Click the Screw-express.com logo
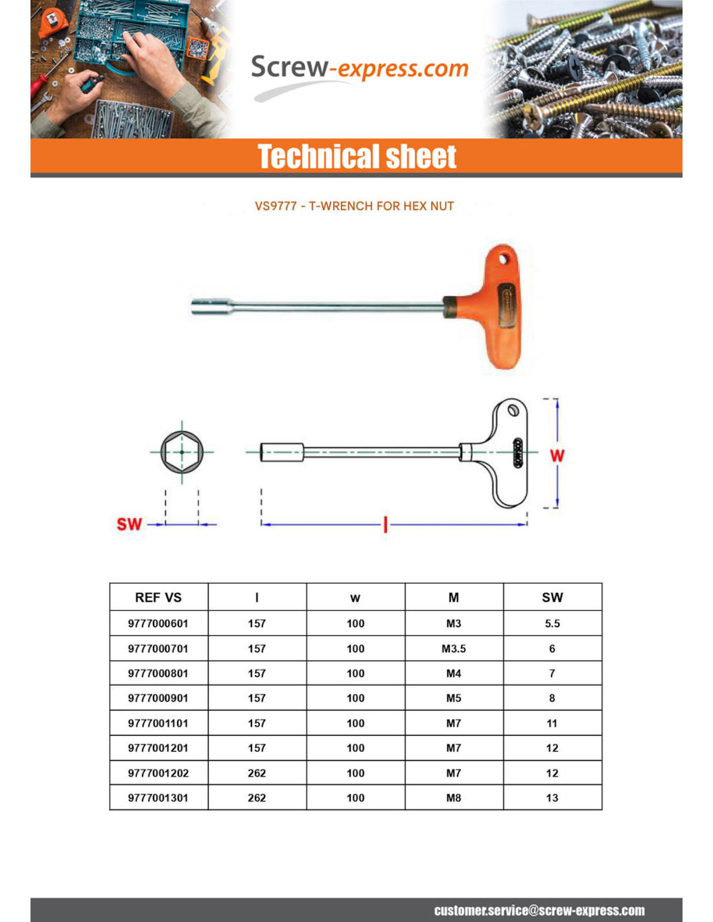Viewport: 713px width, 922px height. coord(359,69)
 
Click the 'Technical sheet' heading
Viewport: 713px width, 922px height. coord(357,157)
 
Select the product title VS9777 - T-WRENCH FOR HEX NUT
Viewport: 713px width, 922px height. coord(354,206)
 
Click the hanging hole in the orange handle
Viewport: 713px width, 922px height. coord(503,259)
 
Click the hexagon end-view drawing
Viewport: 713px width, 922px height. coord(182,452)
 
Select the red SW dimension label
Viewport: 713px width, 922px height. coord(129,524)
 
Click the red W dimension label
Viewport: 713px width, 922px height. coord(557,456)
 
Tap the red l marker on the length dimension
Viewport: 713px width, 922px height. coord(386,524)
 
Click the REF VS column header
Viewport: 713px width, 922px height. coord(158,597)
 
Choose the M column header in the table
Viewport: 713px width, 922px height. coord(454,597)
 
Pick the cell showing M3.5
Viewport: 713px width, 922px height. coord(454,648)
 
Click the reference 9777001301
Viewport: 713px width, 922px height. coord(158,798)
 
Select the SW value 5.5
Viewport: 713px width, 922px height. coord(552,623)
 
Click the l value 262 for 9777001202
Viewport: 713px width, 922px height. coord(257,773)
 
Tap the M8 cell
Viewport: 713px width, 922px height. coord(454,798)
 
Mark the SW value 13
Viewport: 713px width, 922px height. coord(552,798)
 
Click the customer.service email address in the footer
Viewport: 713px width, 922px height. coord(539,910)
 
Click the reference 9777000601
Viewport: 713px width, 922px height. coord(158,623)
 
